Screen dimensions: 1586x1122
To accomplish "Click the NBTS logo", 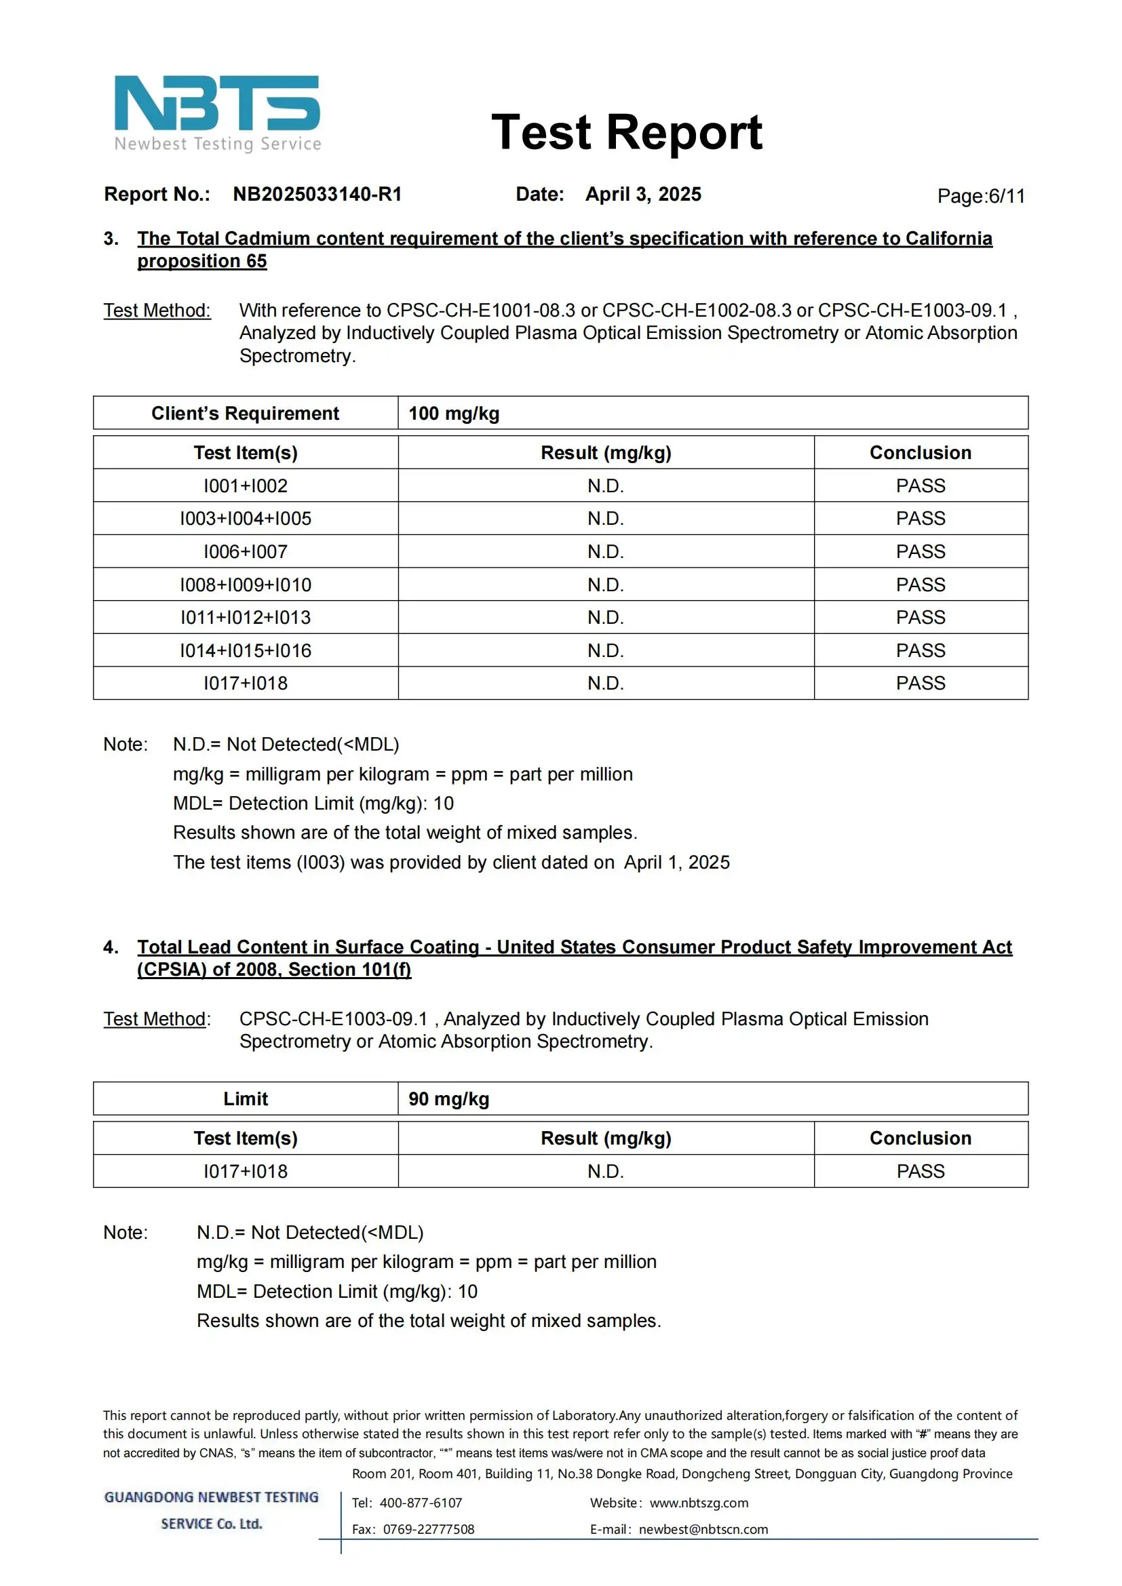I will pyautogui.click(x=217, y=112).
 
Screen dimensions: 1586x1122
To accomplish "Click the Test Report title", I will pyautogui.click(x=626, y=132).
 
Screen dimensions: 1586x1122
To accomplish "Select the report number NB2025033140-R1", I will pyautogui.click(x=317, y=194).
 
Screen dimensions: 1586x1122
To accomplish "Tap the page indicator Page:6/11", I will pyautogui.click(x=980, y=196).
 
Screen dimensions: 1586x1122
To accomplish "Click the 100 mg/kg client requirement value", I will pyautogui.click(x=454, y=413).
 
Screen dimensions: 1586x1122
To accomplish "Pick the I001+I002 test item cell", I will pyautogui.click(x=246, y=485).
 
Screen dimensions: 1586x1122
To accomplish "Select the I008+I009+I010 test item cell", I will pyautogui.click(x=246, y=584).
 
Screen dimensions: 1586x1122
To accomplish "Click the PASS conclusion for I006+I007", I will pyautogui.click(x=921, y=551).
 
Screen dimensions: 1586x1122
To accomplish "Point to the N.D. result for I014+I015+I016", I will pyautogui.click(x=605, y=650).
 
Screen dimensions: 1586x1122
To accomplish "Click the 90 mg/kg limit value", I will pyautogui.click(x=448, y=1098).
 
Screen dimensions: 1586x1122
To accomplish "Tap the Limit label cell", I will pyautogui.click(x=246, y=1098).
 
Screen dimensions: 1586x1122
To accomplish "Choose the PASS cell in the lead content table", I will pyautogui.click(x=921, y=1171).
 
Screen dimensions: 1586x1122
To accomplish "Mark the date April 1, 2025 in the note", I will pyautogui.click(x=676, y=862).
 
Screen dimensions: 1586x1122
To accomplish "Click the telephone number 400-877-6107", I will pyautogui.click(x=421, y=1503).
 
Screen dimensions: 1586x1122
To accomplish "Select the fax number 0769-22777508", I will pyautogui.click(x=428, y=1528).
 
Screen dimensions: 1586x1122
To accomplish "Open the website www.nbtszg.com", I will pyautogui.click(x=699, y=1503).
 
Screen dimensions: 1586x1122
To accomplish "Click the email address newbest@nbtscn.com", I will pyautogui.click(x=703, y=1528).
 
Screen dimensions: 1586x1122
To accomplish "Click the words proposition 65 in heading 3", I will pyautogui.click(x=201, y=261).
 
